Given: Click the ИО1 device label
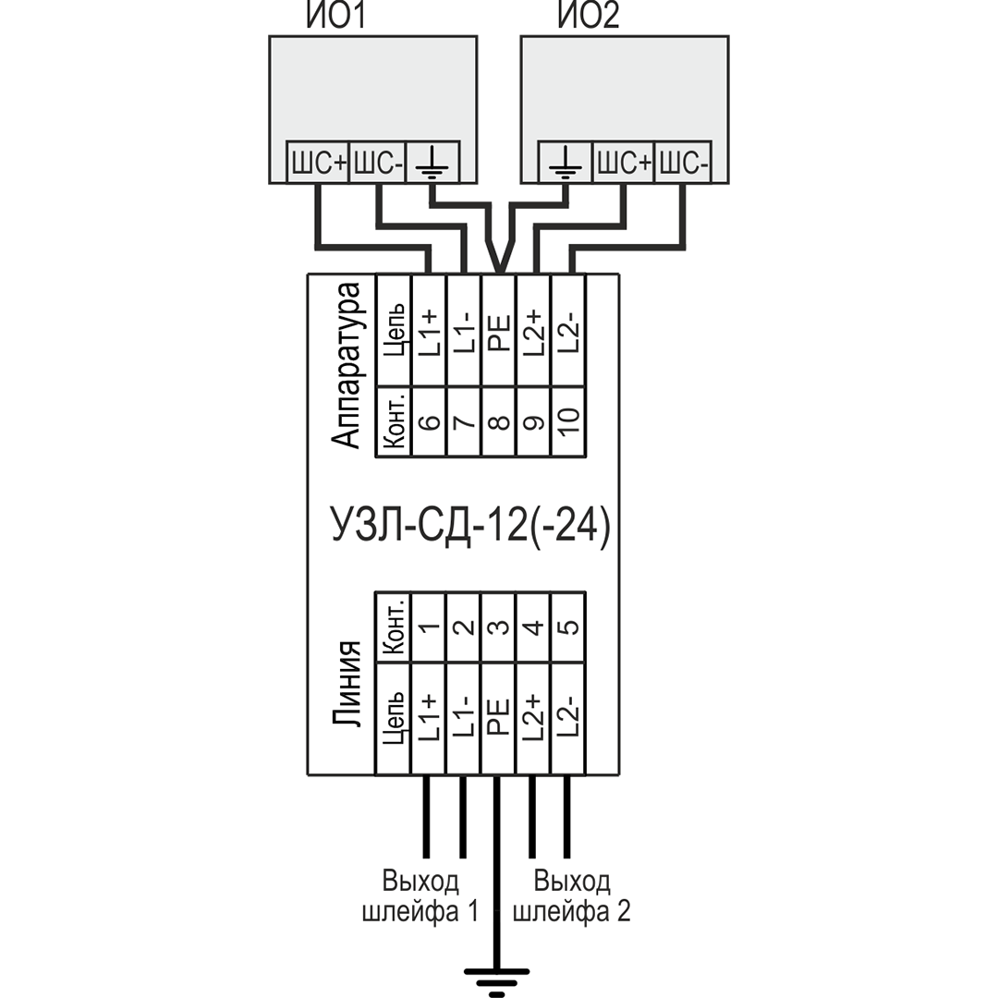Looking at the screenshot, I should click(x=334, y=17).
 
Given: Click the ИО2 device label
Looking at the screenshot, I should click(x=588, y=17).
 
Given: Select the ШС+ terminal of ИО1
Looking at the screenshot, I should click(x=318, y=164).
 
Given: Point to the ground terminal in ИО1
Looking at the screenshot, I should click(x=432, y=164).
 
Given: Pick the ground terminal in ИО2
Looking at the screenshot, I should click(x=565, y=164).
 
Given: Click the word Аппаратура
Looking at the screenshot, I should click(x=348, y=365).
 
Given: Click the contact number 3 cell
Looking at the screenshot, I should click(x=499, y=627).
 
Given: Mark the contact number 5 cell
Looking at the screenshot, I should click(x=568, y=627).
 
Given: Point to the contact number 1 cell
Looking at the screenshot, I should click(x=429, y=627).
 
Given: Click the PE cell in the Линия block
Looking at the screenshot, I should click(x=499, y=718).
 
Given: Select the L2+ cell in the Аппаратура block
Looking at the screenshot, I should click(x=534, y=331).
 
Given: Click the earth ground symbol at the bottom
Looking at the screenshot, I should click(x=498, y=975).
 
